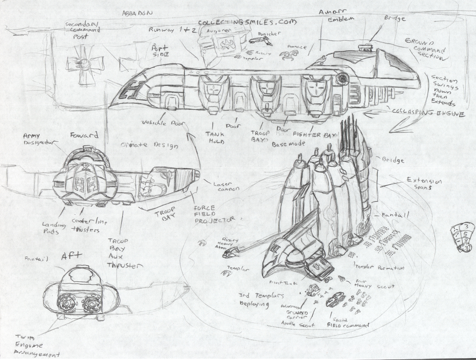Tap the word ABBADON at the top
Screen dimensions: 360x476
click(x=137, y=13)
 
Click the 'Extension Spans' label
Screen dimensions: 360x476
click(x=424, y=184)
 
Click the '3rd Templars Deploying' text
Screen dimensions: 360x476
click(x=261, y=300)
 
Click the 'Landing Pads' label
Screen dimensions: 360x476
click(x=54, y=228)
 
